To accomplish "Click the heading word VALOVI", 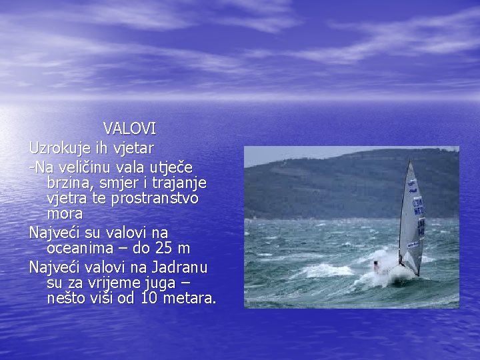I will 129,128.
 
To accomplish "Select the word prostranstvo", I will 154,199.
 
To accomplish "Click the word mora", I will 65,215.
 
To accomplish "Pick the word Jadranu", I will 179,267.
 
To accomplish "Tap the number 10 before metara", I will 149,299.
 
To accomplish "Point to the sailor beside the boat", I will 377,267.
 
